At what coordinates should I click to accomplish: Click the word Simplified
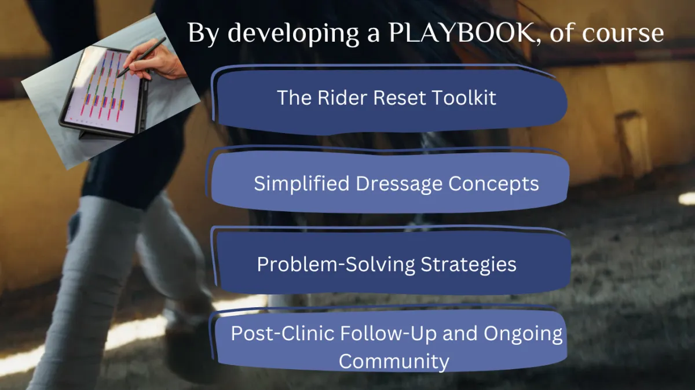302,183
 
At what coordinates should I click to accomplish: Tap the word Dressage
398,183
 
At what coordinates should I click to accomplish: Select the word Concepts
493,184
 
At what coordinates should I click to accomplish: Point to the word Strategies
468,264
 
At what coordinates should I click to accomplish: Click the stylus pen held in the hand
141,58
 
